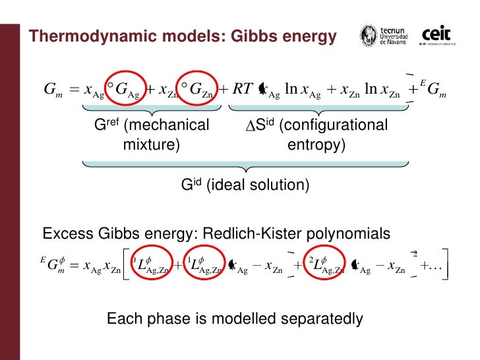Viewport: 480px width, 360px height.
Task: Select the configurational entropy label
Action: tap(316, 135)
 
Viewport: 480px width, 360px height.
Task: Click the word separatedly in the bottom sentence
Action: tap(316, 319)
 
